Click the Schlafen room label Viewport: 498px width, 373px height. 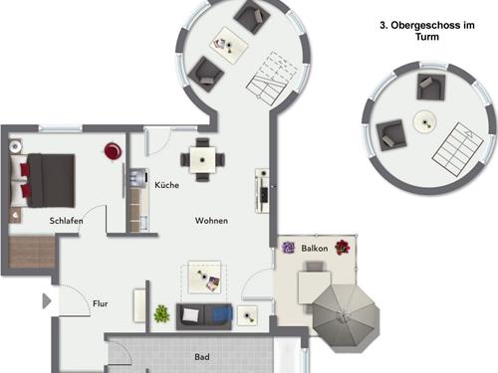click(x=66, y=221)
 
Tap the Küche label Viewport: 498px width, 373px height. click(x=167, y=185)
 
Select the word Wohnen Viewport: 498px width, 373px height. click(x=211, y=221)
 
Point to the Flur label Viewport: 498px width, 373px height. click(x=101, y=303)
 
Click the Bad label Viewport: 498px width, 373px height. click(x=202, y=357)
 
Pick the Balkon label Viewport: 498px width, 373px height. click(x=315, y=248)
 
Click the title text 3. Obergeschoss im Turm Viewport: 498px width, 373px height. click(x=427, y=31)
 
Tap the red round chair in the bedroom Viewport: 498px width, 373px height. click(x=113, y=151)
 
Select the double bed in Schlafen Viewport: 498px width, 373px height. click(x=42, y=181)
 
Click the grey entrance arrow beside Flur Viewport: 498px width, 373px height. click(x=47, y=301)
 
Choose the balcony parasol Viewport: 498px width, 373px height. click(x=346, y=318)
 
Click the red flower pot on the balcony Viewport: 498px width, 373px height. click(x=343, y=248)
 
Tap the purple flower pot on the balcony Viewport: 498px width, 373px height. click(x=288, y=248)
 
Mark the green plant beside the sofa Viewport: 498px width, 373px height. click(x=162, y=313)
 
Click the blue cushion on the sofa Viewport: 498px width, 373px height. click(x=222, y=313)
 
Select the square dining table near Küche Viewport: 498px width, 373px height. click(x=202, y=160)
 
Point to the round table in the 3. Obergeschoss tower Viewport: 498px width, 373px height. click(x=424, y=122)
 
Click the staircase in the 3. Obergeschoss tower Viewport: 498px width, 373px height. click(x=457, y=149)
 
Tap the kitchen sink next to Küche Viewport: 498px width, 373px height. click(x=137, y=176)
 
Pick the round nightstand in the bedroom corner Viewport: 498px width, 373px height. click(x=15, y=146)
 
